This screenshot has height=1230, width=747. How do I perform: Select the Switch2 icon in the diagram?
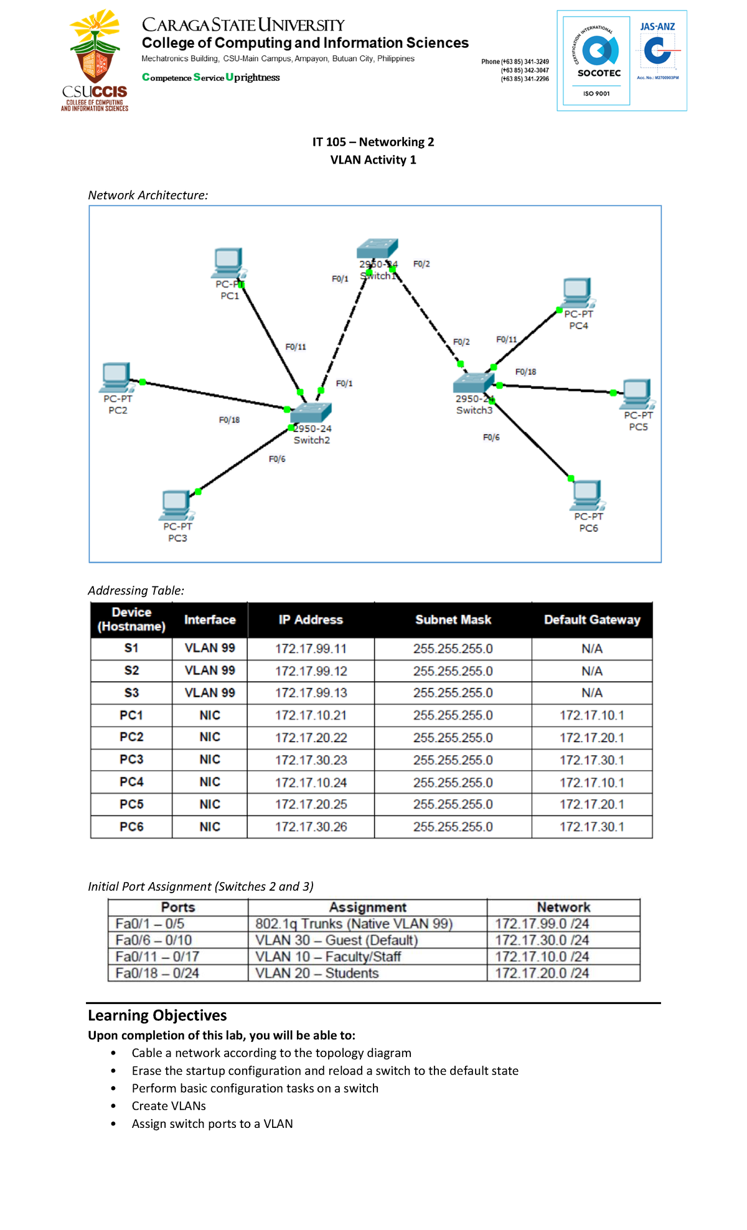[x=311, y=412]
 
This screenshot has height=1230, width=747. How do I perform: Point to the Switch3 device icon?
[x=474, y=382]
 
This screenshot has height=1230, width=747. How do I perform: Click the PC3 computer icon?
[x=176, y=505]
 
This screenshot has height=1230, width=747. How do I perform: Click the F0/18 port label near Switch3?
[x=525, y=372]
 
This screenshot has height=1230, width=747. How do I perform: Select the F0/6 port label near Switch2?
[x=277, y=459]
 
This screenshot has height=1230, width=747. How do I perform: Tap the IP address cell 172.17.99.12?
[x=311, y=671]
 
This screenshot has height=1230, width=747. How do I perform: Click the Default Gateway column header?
[x=591, y=620]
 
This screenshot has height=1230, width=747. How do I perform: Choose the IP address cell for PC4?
[x=311, y=782]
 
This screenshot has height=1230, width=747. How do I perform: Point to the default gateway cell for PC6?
[x=591, y=827]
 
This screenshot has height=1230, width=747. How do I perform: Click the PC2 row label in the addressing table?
[x=131, y=737]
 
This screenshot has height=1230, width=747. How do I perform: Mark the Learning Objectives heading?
[x=157, y=1015]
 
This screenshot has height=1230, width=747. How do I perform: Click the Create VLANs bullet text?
[x=169, y=1106]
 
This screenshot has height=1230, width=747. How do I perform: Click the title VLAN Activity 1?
[x=373, y=160]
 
